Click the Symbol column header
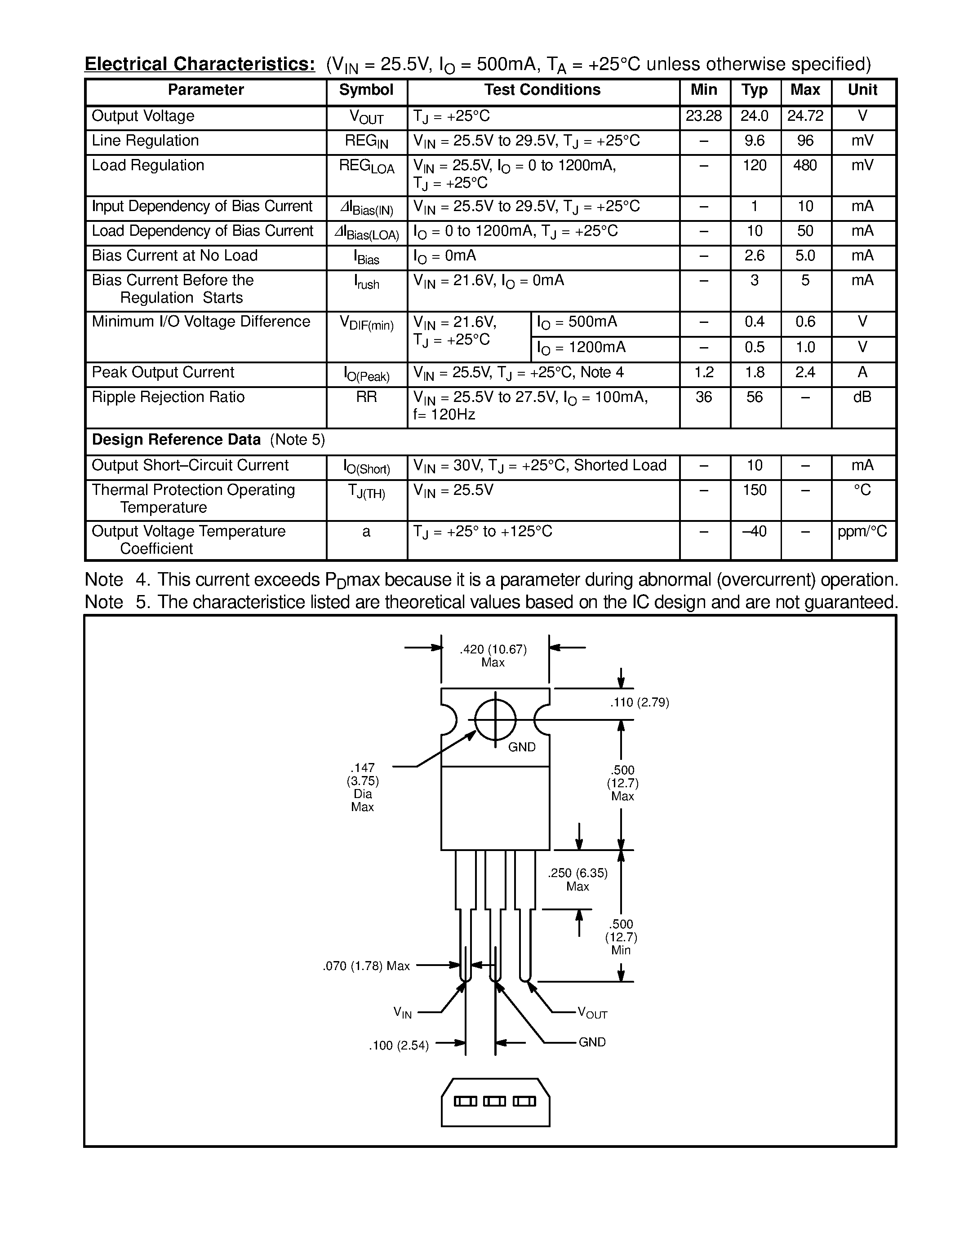[366, 90]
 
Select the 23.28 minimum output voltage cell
[704, 116]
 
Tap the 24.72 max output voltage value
[805, 116]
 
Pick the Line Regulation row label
[146, 141]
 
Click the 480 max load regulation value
[805, 166]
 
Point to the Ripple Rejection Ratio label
[168, 397]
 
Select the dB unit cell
[862, 397]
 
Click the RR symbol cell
[366, 397]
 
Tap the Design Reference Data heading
[176, 440]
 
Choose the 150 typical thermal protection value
[754, 490]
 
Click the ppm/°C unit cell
[862, 532]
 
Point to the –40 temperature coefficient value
[754, 532]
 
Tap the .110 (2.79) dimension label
[640, 703]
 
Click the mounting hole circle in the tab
[495, 720]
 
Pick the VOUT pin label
[592, 1013]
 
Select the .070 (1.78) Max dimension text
[366, 966]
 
